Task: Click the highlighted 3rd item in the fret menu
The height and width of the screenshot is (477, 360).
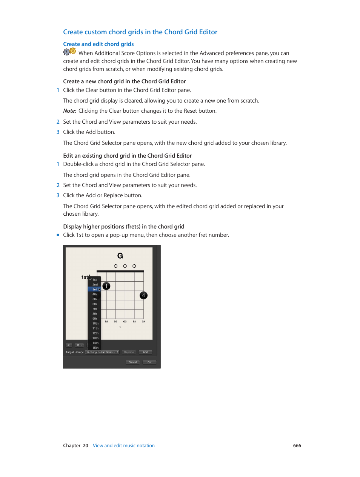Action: [x=94, y=290]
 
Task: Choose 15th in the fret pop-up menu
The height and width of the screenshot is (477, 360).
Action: [x=95, y=348]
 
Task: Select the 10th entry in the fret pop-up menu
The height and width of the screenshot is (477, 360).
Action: [x=95, y=324]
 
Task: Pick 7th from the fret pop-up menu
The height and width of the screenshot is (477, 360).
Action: [x=95, y=309]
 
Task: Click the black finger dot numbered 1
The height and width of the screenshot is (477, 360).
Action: [x=106, y=286]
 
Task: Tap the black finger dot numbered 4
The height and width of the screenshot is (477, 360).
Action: [x=143, y=295]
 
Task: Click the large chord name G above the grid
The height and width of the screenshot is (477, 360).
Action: [x=120, y=256]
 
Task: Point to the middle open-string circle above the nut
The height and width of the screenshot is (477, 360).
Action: [x=125, y=266]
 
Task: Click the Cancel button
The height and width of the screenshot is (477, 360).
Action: [x=133, y=362]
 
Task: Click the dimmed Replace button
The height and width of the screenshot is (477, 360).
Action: [x=129, y=352]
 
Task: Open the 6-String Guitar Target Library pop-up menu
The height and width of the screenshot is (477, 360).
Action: [x=102, y=352]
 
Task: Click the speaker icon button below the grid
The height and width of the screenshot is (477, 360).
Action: [x=69, y=345]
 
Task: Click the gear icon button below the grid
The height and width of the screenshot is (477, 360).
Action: [x=79, y=345]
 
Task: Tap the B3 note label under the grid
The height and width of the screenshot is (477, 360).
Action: [x=134, y=322]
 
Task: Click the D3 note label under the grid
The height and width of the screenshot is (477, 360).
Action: [x=115, y=322]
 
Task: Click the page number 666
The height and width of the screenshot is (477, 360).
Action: [x=297, y=446]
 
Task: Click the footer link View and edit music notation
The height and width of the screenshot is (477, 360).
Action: [x=124, y=446]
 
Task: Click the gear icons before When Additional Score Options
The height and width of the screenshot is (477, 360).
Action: [x=69, y=52]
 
